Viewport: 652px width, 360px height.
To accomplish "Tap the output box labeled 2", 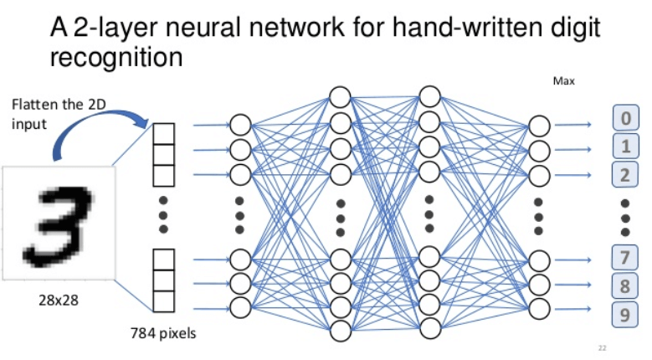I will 624,175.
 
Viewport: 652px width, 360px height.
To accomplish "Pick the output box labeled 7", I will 624,256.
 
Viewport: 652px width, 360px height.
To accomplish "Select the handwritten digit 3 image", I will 59,222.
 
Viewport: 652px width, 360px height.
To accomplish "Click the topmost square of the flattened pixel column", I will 164,131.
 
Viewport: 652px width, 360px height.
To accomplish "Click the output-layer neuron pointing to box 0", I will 540,126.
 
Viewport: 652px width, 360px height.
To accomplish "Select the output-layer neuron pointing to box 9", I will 540,309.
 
